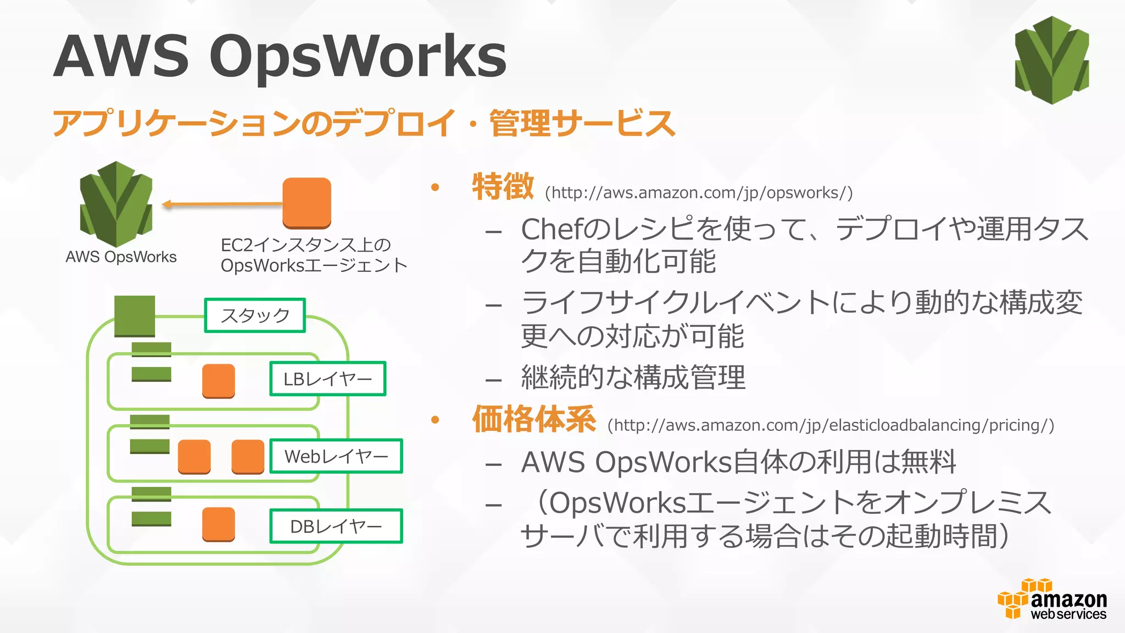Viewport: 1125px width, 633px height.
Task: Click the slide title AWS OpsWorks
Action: click(280, 56)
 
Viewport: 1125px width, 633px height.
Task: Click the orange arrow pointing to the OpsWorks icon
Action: click(222, 204)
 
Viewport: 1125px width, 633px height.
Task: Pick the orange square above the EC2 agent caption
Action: click(307, 203)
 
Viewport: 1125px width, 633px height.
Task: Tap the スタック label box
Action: click(255, 315)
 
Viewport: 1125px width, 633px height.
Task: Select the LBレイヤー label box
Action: click(327, 379)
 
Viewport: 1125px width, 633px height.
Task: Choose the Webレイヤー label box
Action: click(336, 456)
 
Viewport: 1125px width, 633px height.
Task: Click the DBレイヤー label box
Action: click(336, 526)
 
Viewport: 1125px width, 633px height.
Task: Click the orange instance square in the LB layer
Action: click(218, 381)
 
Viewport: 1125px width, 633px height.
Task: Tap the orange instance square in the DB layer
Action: click(218, 524)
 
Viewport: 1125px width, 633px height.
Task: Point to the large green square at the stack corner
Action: click(135, 316)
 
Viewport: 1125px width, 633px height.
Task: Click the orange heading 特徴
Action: click(503, 187)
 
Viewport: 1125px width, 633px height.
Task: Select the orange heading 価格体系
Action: click(534, 419)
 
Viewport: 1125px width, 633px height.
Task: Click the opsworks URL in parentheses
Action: click(699, 193)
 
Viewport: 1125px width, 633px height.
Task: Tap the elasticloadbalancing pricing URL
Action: click(831, 425)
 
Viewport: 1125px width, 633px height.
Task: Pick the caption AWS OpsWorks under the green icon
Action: click(121, 257)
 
